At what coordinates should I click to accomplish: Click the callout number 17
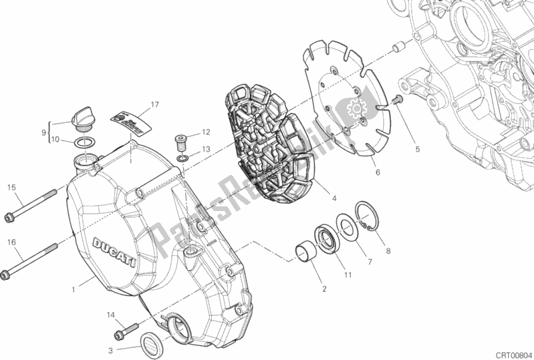coord(154,105)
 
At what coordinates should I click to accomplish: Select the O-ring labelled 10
coord(84,142)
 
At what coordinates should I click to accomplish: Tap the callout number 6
coord(378,172)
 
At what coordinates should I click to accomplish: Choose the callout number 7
coord(369,258)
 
